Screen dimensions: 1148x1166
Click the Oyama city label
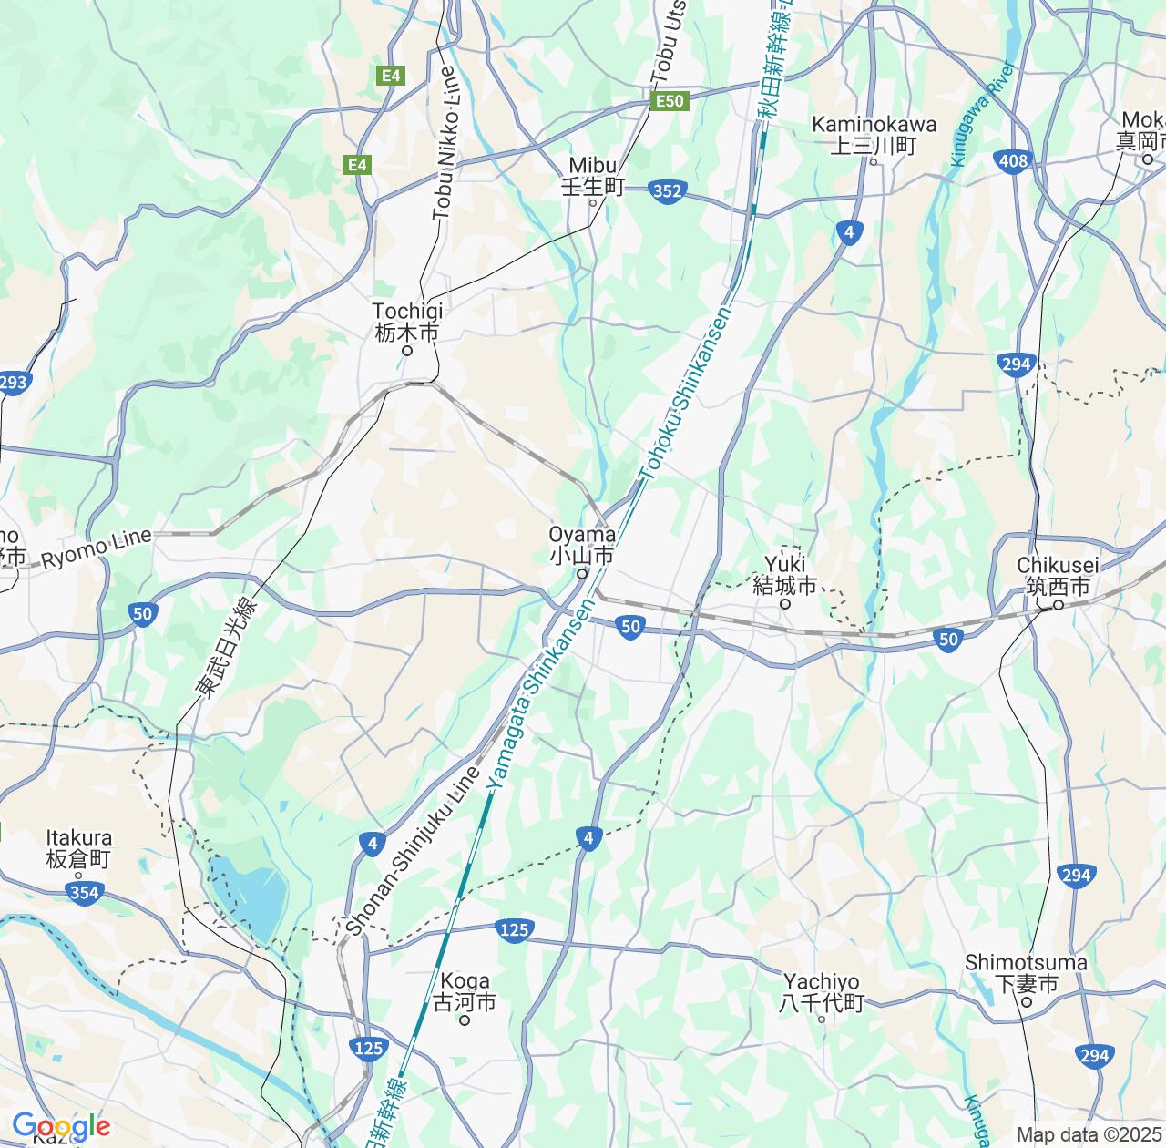click(x=581, y=545)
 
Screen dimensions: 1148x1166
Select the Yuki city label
click(x=785, y=574)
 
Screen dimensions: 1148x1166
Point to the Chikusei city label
click(x=1059, y=576)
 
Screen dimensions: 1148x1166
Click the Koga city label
click(x=465, y=991)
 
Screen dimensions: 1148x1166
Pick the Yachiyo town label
click(x=821, y=992)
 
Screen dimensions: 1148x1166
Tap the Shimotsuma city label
click(x=1026, y=973)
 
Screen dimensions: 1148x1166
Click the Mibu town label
click(x=593, y=175)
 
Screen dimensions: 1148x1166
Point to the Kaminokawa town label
click(x=873, y=134)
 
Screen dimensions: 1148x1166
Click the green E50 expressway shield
click(x=670, y=102)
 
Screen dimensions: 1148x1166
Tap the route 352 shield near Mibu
click(x=668, y=191)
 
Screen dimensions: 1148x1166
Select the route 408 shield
click(x=1012, y=161)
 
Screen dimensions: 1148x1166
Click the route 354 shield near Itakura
click(x=84, y=893)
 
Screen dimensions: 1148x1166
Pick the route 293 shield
click(x=14, y=383)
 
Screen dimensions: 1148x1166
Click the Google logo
click(x=61, y=1126)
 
